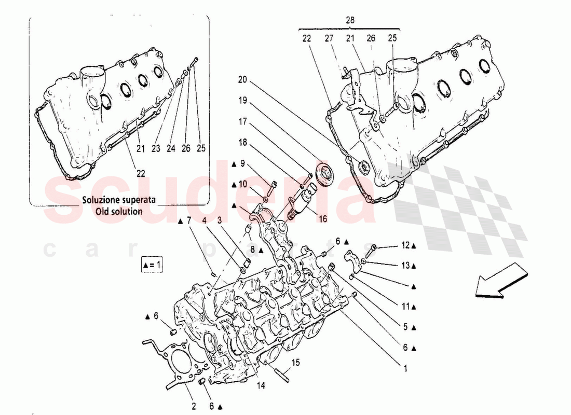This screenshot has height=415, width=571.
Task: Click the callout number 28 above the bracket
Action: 350,20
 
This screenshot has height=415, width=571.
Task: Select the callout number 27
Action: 329,38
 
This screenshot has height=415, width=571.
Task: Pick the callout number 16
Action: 323,219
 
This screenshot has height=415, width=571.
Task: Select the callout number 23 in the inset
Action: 155,148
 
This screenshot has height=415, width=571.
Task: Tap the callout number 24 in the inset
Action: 171,148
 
